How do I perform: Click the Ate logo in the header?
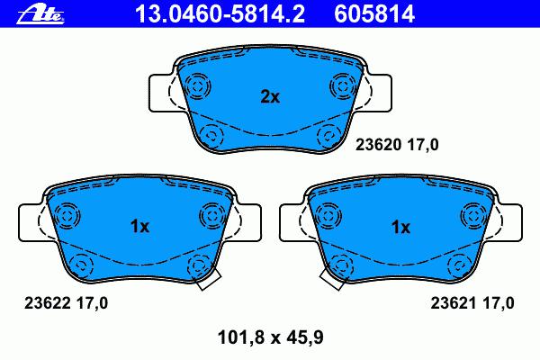click(x=40, y=14)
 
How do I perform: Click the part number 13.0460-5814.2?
click(x=220, y=14)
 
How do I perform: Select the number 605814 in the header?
click(x=374, y=14)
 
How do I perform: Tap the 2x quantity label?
click(x=270, y=97)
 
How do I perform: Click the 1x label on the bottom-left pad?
click(x=139, y=226)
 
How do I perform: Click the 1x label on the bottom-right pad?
click(x=400, y=227)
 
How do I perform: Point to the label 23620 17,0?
click(x=397, y=145)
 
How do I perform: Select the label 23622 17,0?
click(x=66, y=303)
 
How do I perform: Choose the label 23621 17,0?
click(x=472, y=303)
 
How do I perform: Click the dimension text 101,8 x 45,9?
click(x=271, y=337)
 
